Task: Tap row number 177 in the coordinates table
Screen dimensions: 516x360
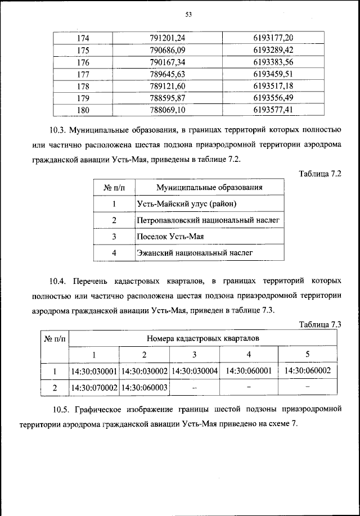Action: [83, 74]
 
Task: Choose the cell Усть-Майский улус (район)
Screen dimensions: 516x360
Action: [186, 203]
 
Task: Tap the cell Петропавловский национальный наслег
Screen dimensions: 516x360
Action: [208, 220]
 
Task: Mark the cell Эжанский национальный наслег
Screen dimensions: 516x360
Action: [195, 254]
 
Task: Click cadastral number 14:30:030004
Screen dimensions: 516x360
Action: [194, 372]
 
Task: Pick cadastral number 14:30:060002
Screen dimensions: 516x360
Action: [308, 371]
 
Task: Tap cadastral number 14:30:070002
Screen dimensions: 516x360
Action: [94, 388]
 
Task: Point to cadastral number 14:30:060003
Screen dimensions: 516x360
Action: [144, 388]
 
